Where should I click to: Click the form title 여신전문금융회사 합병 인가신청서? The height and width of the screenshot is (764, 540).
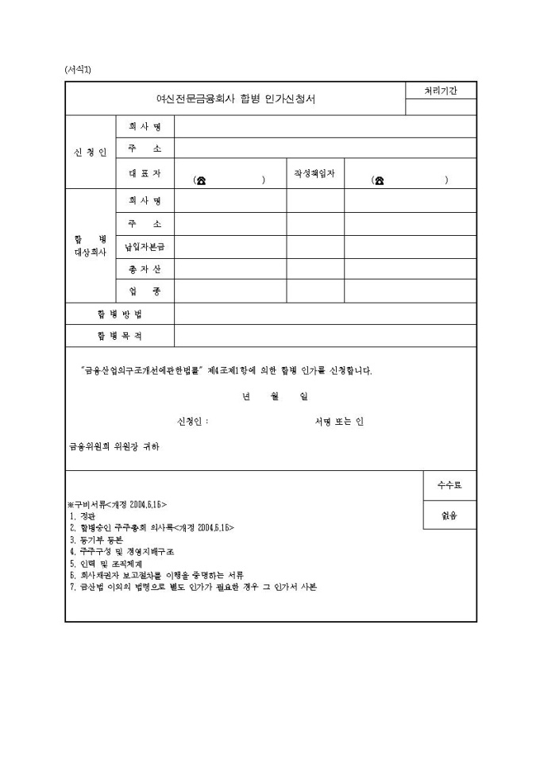(x=234, y=99)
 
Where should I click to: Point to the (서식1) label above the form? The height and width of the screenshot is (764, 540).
(x=78, y=70)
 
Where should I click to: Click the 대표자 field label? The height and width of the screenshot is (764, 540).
(x=145, y=172)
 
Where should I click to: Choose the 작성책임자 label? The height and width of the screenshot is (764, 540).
(x=314, y=172)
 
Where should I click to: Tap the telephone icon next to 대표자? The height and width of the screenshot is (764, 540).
(x=201, y=180)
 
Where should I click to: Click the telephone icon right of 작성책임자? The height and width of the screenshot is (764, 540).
(x=380, y=180)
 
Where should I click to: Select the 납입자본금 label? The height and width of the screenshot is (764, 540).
(x=145, y=247)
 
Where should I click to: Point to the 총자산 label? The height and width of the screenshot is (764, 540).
(x=145, y=269)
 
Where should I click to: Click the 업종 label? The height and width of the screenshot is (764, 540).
(x=145, y=291)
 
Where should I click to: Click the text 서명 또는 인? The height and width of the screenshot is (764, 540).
(x=339, y=422)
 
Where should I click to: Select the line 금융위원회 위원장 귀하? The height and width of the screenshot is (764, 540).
(x=114, y=446)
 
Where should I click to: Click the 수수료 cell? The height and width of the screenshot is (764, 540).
(x=449, y=484)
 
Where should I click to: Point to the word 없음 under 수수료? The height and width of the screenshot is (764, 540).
(x=449, y=515)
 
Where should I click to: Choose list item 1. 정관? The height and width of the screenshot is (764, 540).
(x=82, y=516)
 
